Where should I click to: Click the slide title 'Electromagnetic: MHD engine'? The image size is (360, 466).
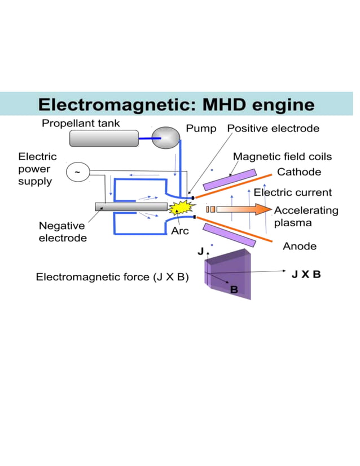click(175, 104)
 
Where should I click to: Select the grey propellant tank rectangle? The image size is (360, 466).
click(104, 138)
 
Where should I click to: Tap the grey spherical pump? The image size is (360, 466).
click(167, 138)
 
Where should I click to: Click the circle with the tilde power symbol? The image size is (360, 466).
click(77, 171)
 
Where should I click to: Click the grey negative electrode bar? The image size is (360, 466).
click(131, 206)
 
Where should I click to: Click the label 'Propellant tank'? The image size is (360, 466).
click(81, 123)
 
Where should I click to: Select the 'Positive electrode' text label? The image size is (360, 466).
click(273, 129)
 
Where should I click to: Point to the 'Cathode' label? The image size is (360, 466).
click(298, 172)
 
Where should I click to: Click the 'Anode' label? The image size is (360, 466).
click(299, 246)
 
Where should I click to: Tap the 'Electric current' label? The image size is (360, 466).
click(292, 192)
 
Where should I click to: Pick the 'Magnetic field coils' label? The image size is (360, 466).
click(282, 156)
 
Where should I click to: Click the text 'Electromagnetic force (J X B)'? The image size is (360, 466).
click(112, 277)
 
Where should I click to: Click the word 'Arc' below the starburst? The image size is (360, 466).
click(180, 231)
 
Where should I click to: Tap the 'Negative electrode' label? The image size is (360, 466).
click(63, 231)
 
